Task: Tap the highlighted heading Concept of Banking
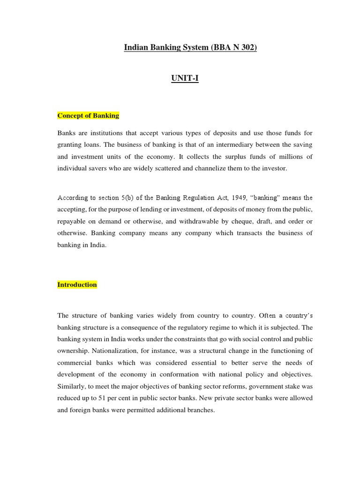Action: point(88,115)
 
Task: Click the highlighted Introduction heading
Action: point(77,285)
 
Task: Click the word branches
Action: point(200,410)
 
